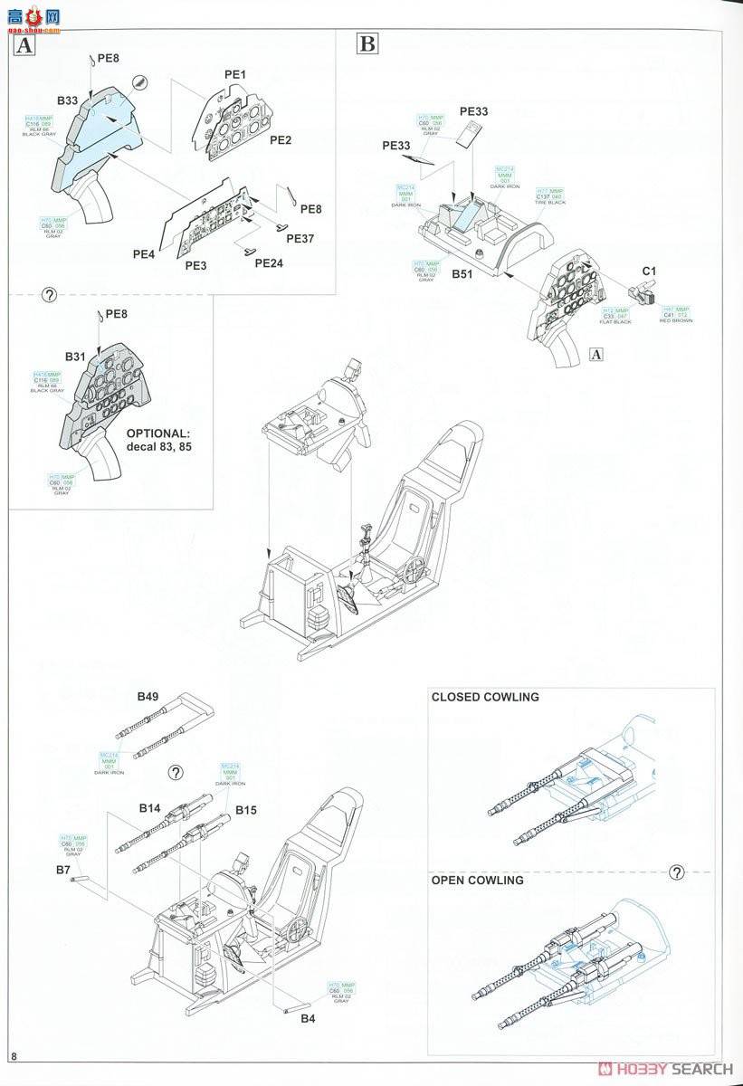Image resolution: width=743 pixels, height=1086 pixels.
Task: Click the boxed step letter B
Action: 367,43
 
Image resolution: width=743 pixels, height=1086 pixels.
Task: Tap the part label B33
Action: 68,100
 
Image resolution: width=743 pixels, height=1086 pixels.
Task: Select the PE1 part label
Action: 235,74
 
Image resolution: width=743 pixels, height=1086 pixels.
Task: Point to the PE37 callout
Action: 300,239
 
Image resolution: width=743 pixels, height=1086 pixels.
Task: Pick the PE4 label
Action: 144,255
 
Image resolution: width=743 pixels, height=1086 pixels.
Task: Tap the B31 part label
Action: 75,357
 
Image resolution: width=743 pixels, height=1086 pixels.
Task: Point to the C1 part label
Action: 649,271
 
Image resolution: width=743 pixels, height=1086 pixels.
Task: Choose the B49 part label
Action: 148,697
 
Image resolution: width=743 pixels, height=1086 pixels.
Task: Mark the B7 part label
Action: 63,870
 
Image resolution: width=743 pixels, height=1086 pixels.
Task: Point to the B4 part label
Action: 310,1018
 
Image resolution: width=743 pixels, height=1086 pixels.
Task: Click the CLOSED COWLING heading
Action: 485,697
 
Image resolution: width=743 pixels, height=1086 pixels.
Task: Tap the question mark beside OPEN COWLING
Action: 675,872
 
